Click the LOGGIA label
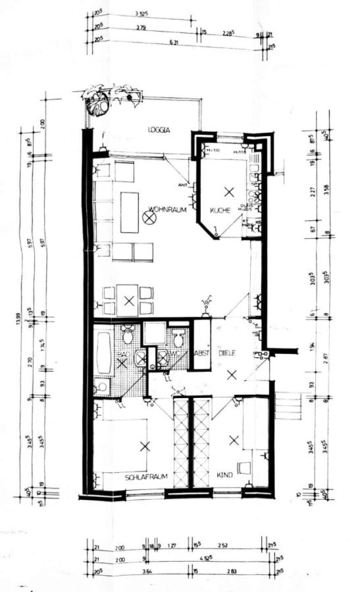pos(159,130)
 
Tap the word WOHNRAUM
pos(168,210)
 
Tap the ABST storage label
pos(201,353)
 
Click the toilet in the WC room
pos(178,339)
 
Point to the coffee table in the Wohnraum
pos(130,212)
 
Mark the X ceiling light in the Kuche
pos(228,192)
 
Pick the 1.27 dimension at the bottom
pos(172,545)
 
